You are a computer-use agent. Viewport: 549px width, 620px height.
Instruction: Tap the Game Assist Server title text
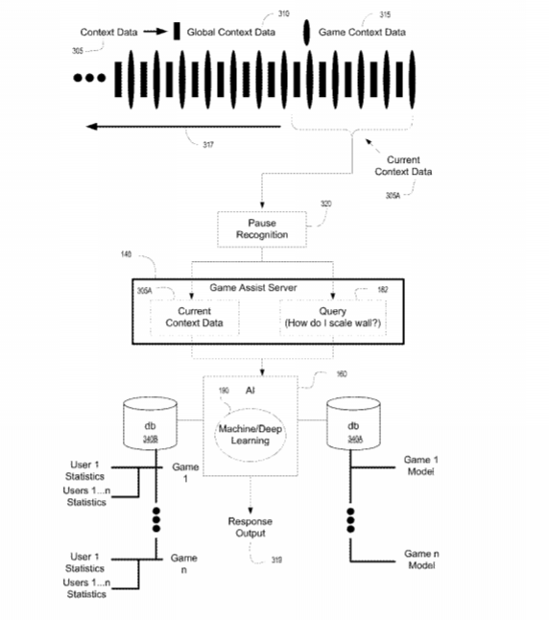pos(253,288)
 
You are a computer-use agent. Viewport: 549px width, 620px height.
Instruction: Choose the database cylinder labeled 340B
pos(150,423)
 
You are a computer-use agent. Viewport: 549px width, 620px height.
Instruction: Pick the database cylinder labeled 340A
pos(353,423)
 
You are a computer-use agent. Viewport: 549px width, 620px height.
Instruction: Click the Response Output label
pos(250,527)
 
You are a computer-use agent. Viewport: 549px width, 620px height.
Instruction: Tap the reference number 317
pos(208,145)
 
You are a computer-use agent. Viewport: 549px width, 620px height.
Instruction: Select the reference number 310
pos(283,13)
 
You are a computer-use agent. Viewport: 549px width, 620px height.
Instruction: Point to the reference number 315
pos(385,14)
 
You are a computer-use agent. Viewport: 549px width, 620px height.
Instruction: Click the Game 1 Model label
pos(420,465)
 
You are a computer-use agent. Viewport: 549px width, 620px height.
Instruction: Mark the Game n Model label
pos(421,560)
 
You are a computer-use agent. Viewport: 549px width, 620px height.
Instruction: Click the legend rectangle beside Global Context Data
pos(177,31)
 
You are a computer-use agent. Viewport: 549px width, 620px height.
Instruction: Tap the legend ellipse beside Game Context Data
pos(306,33)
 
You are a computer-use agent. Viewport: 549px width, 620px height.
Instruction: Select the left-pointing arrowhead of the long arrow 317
pos(91,127)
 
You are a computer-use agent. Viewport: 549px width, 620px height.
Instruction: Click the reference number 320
pos(326,203)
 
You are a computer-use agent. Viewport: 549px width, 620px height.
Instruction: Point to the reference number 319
pos(276,560)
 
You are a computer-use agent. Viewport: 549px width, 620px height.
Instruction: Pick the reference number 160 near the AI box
pos(342,374)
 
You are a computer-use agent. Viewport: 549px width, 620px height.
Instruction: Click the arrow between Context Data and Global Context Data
pos(155,32)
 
